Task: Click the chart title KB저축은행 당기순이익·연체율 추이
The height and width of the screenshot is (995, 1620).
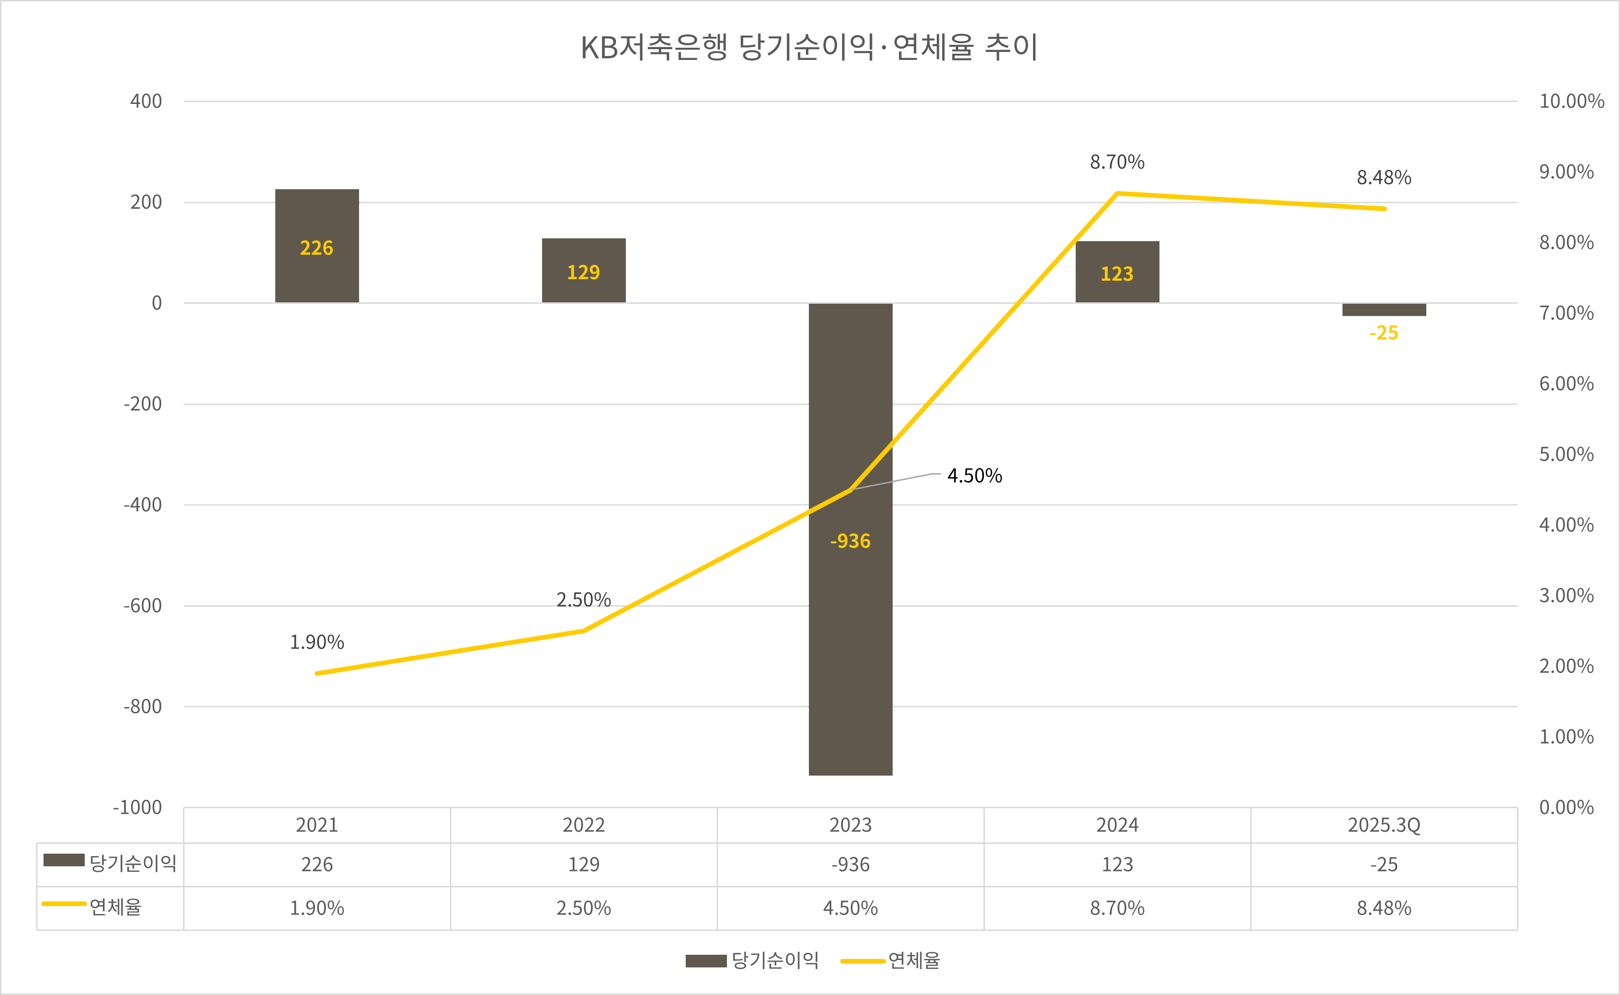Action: (809, 47)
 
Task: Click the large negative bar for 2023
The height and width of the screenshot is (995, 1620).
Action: (850, 625)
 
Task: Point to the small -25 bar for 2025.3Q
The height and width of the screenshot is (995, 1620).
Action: (1384, 309)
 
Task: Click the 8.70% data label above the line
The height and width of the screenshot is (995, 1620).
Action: (1117, 162)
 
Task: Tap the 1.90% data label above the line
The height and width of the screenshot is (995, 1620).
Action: (316, 642)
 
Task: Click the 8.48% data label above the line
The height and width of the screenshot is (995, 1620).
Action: (1384, 178)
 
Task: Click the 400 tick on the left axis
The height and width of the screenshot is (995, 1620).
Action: (146, 102)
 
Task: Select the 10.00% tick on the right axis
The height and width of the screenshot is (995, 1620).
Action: (1571, 102)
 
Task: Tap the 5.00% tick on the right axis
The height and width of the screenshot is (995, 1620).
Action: (1566, 454)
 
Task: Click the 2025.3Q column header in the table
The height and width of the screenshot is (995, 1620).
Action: (1384, 825)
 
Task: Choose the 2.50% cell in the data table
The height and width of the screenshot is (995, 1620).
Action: (584, 908)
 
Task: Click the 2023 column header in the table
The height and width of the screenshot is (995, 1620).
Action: (850, 825)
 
